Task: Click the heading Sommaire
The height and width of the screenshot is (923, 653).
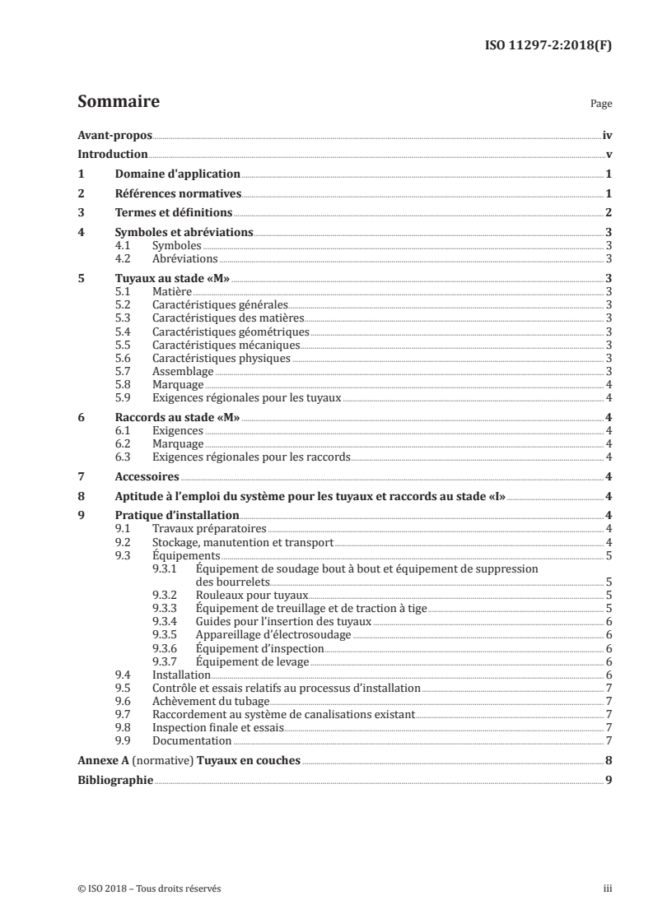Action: pyautogui.click(x=118, y=103)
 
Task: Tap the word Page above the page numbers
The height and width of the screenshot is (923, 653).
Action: pyautogui.click(x=601, y=105)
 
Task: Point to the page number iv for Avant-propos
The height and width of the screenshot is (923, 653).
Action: pyautogui.click(x=607, y=135)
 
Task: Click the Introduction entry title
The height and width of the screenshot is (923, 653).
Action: pyautogui.click(x=113, y=155)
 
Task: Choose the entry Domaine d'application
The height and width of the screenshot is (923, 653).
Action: pyautogui.click(x=177, y=174)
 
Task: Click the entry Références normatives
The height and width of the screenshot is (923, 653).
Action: pyautogui.click(x=178, y=194)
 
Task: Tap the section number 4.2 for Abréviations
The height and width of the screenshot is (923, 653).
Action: pyautogui.click(x=124, y=258)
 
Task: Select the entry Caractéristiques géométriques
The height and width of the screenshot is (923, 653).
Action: pyautogui.click(x=231, y=332)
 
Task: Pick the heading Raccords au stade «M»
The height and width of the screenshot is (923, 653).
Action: pyautogui.click(x=177, y=418)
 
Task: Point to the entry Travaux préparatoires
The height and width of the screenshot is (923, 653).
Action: pyautogui.click(x=209, y=529)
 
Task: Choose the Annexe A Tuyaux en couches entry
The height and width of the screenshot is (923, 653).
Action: pyautogui.click(x=189, y=761)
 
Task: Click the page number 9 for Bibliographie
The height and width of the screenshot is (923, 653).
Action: pyautogui.click(x=608, y=781)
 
